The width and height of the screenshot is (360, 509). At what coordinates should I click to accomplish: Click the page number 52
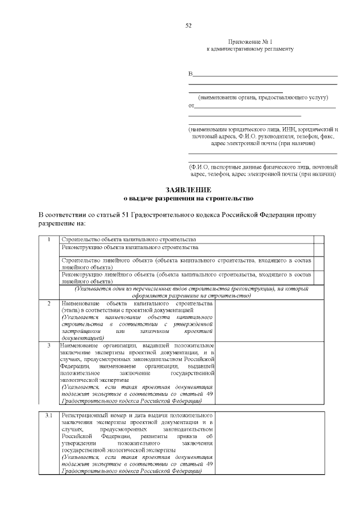[x=188, y=25]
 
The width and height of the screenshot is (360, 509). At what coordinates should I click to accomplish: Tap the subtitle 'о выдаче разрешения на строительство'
[x=188, y=199]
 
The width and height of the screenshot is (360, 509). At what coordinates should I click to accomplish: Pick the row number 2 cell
[x=49, y=304]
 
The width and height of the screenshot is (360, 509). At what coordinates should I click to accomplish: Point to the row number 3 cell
[x=49, y=345]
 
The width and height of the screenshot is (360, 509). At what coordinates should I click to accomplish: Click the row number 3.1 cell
[x=49, y=416]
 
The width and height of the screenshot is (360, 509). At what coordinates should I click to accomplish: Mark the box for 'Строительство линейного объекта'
[x=318, y=264]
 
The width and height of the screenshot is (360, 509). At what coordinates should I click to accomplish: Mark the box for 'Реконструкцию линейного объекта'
[x=318, y=278]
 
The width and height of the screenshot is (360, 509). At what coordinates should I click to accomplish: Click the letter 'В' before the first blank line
[x=190, y=75]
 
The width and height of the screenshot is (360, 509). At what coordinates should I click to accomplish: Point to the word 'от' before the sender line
[x=191, y=106]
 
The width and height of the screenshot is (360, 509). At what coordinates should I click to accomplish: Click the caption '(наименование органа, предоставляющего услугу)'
[x=259, y=97]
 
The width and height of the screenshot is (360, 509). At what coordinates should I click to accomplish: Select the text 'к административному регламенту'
[x=250, y=49]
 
